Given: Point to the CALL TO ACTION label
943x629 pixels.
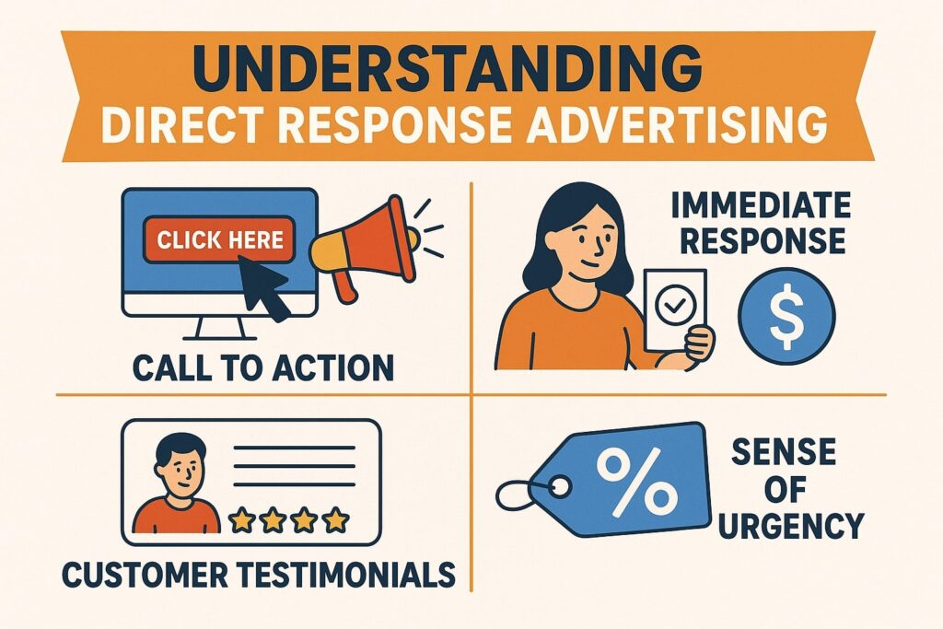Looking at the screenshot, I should coord(263,367).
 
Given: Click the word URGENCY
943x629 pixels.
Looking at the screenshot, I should coord(792,525).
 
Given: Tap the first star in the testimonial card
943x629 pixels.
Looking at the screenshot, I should coord(242,520).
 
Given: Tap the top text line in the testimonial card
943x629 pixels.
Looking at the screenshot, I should coord(294,448).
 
